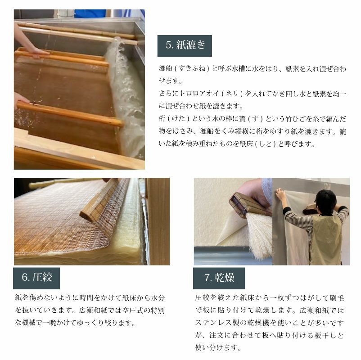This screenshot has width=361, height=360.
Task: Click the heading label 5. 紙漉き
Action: [185, 45]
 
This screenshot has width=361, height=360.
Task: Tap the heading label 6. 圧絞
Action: [36, 277]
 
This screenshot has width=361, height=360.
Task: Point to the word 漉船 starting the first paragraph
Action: [165, 68]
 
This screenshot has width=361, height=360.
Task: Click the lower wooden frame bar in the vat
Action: [68, 113]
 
